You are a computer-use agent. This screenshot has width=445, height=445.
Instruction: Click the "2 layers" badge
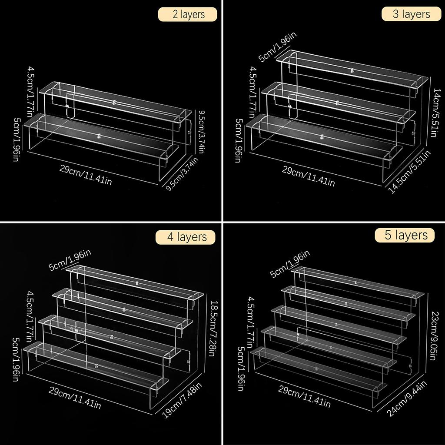pyautogui.click(x=188, y=14)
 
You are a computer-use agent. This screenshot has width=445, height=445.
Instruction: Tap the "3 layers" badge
pyautogui.click(x=411, y=14)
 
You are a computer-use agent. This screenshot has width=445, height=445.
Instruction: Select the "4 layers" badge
pyautogui.click(x=186, y=237)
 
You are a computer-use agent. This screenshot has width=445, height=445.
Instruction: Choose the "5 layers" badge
pyautogui.click(x=405, y=235)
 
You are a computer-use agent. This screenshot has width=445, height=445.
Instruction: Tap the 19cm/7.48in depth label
pyautogui.click(x=182, y=400)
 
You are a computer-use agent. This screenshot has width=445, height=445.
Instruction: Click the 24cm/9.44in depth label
pyautogui.click(x=407, y=399)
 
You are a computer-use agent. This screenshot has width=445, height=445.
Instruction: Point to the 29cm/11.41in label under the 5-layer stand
pyautogui.click(x=304, y=396)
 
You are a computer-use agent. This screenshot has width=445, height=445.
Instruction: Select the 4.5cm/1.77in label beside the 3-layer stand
pyautogui.click(x=251, y=92)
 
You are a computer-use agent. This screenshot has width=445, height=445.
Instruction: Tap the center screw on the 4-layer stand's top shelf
pyautogui.click(x=137, y=283)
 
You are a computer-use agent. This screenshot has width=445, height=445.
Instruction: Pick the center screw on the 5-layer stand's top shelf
pyautogui.click(x=355, y=282)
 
